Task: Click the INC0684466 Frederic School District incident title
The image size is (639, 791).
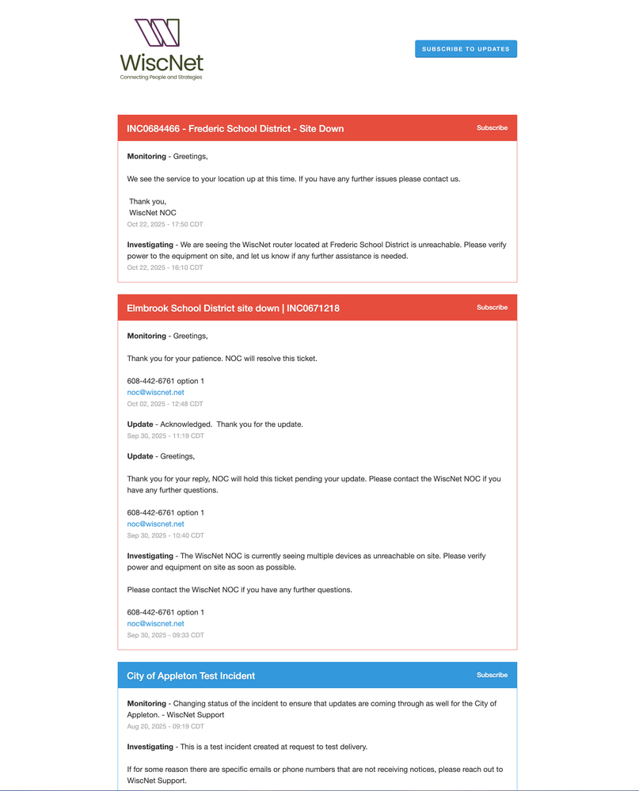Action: click(235, 128)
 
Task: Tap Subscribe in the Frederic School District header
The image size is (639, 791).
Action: click(492, 127)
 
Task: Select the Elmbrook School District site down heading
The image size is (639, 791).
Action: click(233, 308)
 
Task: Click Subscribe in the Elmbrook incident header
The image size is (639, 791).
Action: click(492, 307)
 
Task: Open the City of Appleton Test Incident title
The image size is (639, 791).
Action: click(191, 676)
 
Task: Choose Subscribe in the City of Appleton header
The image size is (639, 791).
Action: click(492, 675)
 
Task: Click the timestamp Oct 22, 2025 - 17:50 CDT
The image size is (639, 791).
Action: click(165, 225)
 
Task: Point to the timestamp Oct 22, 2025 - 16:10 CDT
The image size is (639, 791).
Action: click(165, 268)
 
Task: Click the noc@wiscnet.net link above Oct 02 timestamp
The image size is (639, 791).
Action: click(155, 393)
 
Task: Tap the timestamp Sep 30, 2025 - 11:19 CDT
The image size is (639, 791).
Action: click(165, 435)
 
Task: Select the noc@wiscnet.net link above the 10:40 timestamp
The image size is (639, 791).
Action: click(155, 524)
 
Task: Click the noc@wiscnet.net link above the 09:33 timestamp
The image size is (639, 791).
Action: click(155, 624)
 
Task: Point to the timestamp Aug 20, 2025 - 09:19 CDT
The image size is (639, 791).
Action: click(165, 726)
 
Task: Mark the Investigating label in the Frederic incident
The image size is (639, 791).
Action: click(150, 245)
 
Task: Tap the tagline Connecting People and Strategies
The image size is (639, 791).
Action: click(161, 78)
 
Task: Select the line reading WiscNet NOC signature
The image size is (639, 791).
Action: click(153, 213)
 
